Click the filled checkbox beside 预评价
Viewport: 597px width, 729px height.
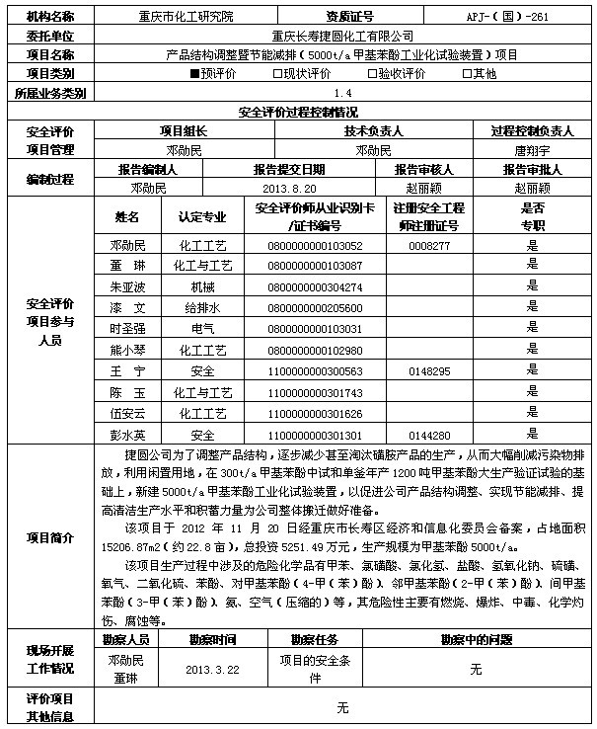193,74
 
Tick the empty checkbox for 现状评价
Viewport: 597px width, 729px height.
277,74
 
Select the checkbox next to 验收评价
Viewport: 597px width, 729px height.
371,74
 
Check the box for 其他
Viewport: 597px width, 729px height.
465,74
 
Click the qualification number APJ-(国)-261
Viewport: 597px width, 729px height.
519,17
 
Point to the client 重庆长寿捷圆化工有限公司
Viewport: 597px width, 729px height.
341,36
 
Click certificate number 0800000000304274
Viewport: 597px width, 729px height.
315,286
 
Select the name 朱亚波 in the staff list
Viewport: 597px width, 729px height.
128,286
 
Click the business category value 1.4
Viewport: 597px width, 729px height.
341,93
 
